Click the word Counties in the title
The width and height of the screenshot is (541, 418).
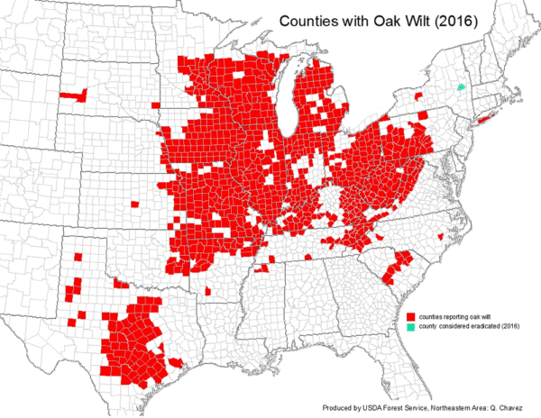coord(306,19)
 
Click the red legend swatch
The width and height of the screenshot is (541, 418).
coord(410,316)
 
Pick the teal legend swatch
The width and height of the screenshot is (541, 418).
coord(410,326)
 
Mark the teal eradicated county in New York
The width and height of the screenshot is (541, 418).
coord(462,87)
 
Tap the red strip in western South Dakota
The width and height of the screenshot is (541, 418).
coord(72,94)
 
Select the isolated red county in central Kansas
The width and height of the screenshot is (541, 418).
coord(134,203)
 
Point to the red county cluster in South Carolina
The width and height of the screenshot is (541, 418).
coord(397,266)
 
